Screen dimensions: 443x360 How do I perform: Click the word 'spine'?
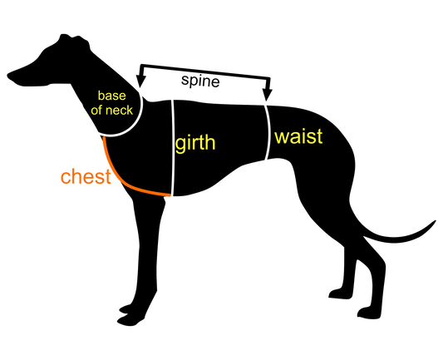pos(200,81)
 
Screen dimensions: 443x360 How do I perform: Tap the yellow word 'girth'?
pos(195,143)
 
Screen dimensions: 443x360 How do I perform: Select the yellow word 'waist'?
pos(298,136)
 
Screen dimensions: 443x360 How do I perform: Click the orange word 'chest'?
pos(86,176)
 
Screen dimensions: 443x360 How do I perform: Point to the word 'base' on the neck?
pos(112,96)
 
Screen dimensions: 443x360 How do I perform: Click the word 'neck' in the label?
pos(118,111)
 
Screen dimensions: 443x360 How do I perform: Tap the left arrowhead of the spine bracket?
pos(140,81)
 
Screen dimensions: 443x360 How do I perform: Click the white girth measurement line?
pos(173,148)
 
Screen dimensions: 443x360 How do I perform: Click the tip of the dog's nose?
pos(8,76)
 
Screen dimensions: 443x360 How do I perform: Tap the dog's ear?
pos(74,40)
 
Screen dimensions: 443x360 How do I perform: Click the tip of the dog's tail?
pos(435,221)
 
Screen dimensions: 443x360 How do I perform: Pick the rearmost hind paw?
pos(370,313)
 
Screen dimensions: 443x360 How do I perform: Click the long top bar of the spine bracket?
pos(205,71)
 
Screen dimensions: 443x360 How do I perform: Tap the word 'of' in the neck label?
pos(96,110)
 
